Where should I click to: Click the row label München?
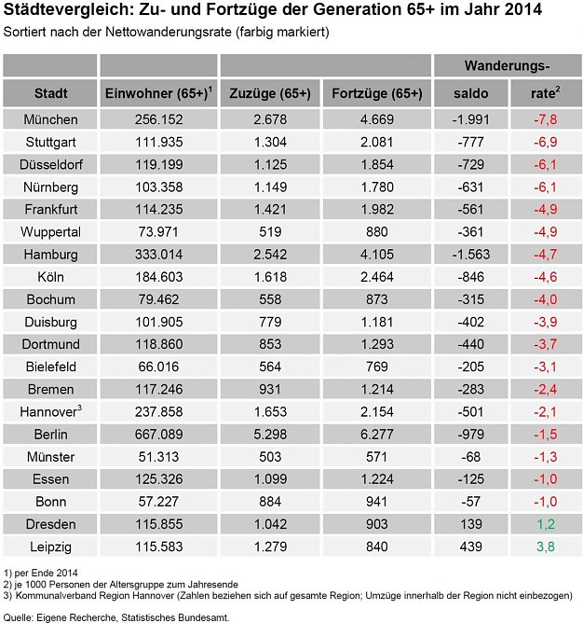[x=50, y=119]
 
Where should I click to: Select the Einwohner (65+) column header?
[x=157, y=93]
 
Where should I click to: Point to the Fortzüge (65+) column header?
[x=377, y=93]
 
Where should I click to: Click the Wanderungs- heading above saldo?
[x=507, y=66]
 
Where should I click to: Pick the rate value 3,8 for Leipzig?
[x=544, y=546]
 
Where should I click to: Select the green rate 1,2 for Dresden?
[x=544, y=524]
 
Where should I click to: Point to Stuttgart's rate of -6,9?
[x=544, y=141]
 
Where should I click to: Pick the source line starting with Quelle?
[x=116, y=616]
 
